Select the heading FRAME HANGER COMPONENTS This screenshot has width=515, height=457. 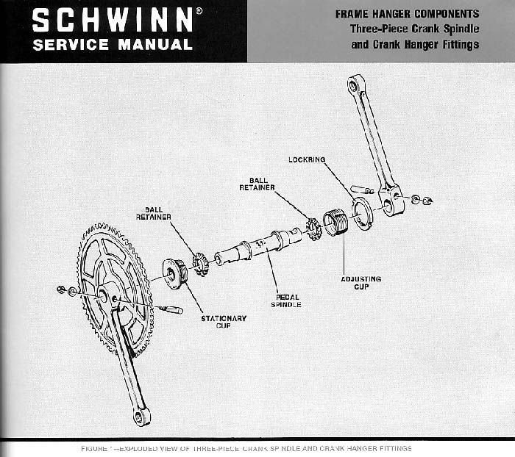point(407,14)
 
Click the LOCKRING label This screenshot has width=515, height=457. point(307,159)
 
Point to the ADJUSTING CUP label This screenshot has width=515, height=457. point(360,283)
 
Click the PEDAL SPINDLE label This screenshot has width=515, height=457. point(285,301)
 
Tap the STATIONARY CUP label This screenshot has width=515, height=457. point(224,322)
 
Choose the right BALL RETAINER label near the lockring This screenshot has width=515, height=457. point(257,184)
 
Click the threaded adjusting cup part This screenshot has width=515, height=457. point(335,222)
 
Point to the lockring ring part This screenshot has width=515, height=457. point(361,213)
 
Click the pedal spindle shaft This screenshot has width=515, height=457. point(258,247)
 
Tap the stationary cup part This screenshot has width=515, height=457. point(175,273)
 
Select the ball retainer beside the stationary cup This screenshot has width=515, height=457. point(200,264)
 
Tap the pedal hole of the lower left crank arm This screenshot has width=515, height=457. point(139,417)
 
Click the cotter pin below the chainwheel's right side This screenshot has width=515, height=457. point(171,309)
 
